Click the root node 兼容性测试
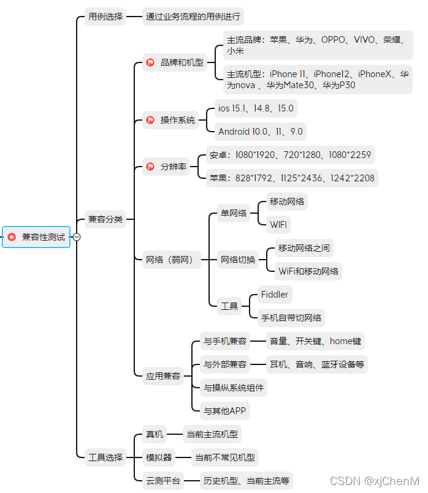37,237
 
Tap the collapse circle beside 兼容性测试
77,237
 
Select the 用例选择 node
105,17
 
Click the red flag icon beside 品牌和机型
150,62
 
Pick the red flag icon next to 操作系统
150,120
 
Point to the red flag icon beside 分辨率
150,167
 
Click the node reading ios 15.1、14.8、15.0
255,108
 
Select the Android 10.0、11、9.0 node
261,131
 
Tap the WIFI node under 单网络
278,224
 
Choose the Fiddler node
273,295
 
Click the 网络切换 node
237,260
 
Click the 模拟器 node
158,457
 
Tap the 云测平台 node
162,481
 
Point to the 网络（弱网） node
169,260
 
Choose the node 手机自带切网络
291,318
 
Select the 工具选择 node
105,457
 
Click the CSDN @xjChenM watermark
373,481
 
